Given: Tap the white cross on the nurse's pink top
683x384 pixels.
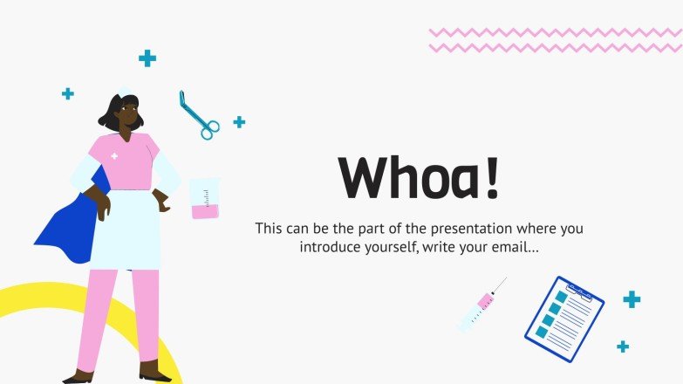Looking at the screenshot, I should tap(114, 156).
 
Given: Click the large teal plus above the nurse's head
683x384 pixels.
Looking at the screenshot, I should tap(147, 58).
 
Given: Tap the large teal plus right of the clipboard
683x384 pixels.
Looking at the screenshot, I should tap(632, 299).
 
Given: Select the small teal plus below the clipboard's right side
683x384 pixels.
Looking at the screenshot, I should tap(623, 346).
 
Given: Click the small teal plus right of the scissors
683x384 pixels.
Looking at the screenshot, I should tap(239, 122).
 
